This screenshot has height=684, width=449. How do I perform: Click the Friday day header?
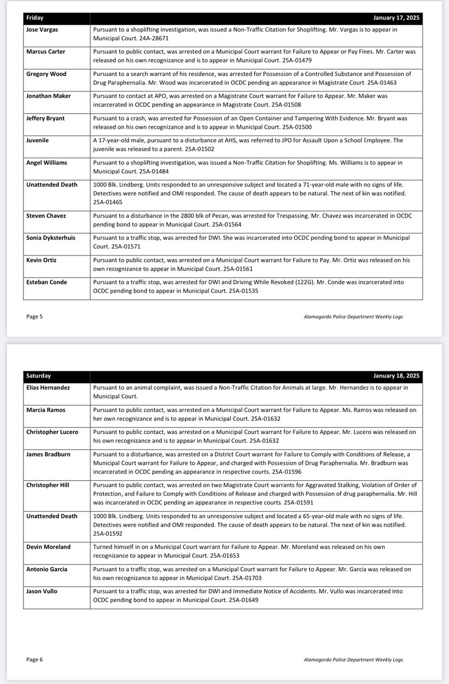coord(35,18)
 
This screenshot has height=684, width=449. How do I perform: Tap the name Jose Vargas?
coord(42,29)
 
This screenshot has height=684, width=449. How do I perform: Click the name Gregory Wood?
coord(46,74)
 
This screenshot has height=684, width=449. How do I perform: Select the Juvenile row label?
coord(38,140)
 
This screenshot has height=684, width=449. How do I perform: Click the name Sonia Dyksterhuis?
coord(51,238)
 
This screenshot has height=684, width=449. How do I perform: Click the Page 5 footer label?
coord(34,316)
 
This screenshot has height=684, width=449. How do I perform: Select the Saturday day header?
coord(38,376)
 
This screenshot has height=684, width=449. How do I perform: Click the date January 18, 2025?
coord(396,376)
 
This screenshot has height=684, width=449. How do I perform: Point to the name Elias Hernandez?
coord(48,388)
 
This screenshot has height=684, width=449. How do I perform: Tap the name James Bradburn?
coord(48,454)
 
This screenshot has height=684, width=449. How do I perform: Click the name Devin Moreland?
coord(48,547)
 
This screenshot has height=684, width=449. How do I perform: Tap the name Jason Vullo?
coord(41,591)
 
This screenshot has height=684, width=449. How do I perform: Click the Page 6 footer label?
coord(34,660)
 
